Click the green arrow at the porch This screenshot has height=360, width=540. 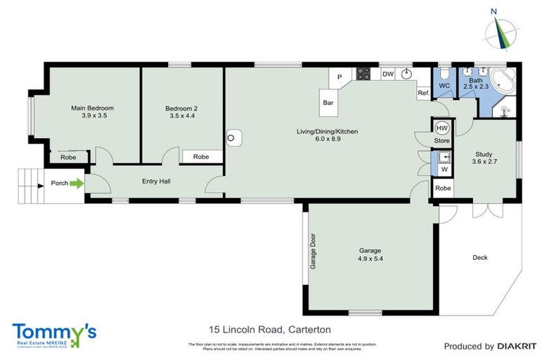coord(77,184)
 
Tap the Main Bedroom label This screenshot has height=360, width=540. coord(92,108)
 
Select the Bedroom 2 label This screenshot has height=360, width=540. coord(181,108)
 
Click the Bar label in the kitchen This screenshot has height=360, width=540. coord(328,103)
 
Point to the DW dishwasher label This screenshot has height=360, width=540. coord(387,74)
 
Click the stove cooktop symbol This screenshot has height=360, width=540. coord(364,73)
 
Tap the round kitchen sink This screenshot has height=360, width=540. coord(407,73)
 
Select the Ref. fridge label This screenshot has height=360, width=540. coord(423,93)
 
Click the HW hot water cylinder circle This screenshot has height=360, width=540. coord(442,128)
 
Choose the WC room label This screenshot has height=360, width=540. coord(444,86)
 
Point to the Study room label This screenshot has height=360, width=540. coord(484,154)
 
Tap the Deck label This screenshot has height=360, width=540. coord(480,257)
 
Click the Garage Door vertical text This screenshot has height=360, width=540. coord(313,251)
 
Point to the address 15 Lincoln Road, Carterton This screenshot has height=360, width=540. coord(270,329)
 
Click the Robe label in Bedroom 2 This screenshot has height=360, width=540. coord(201,157)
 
